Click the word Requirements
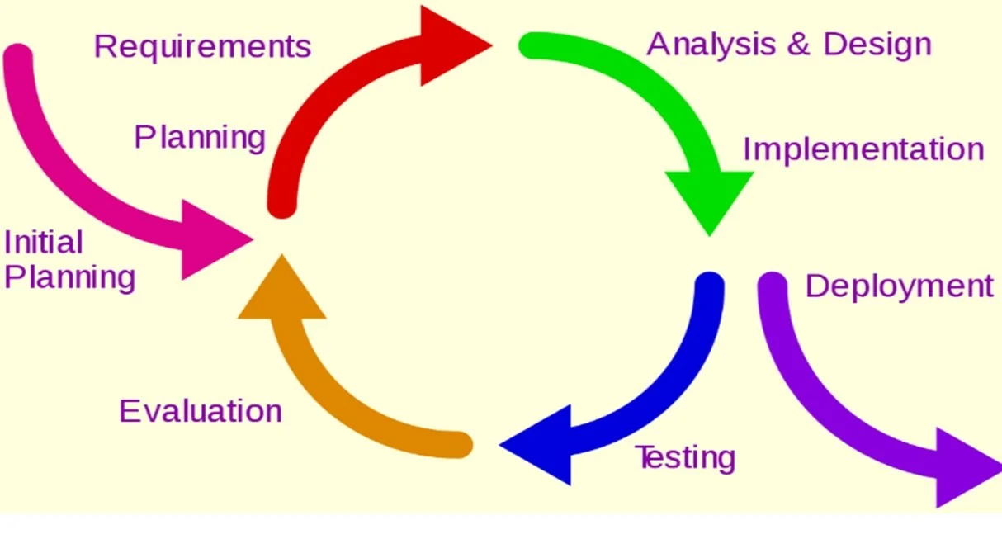(x=202, y=46)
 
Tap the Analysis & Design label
(x=788, y=44)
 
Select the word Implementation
(x=863, y=149)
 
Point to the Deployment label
(x=899, y=286)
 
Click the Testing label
(x=684, y=456)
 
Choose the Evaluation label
(x=201, y=410)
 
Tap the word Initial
(x=44, y=243)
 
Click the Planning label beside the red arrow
(x=200, y=137)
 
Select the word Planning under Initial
(x=69, y=277)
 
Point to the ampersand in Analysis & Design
(x=798, y=45)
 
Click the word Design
(x=877, y=44)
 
